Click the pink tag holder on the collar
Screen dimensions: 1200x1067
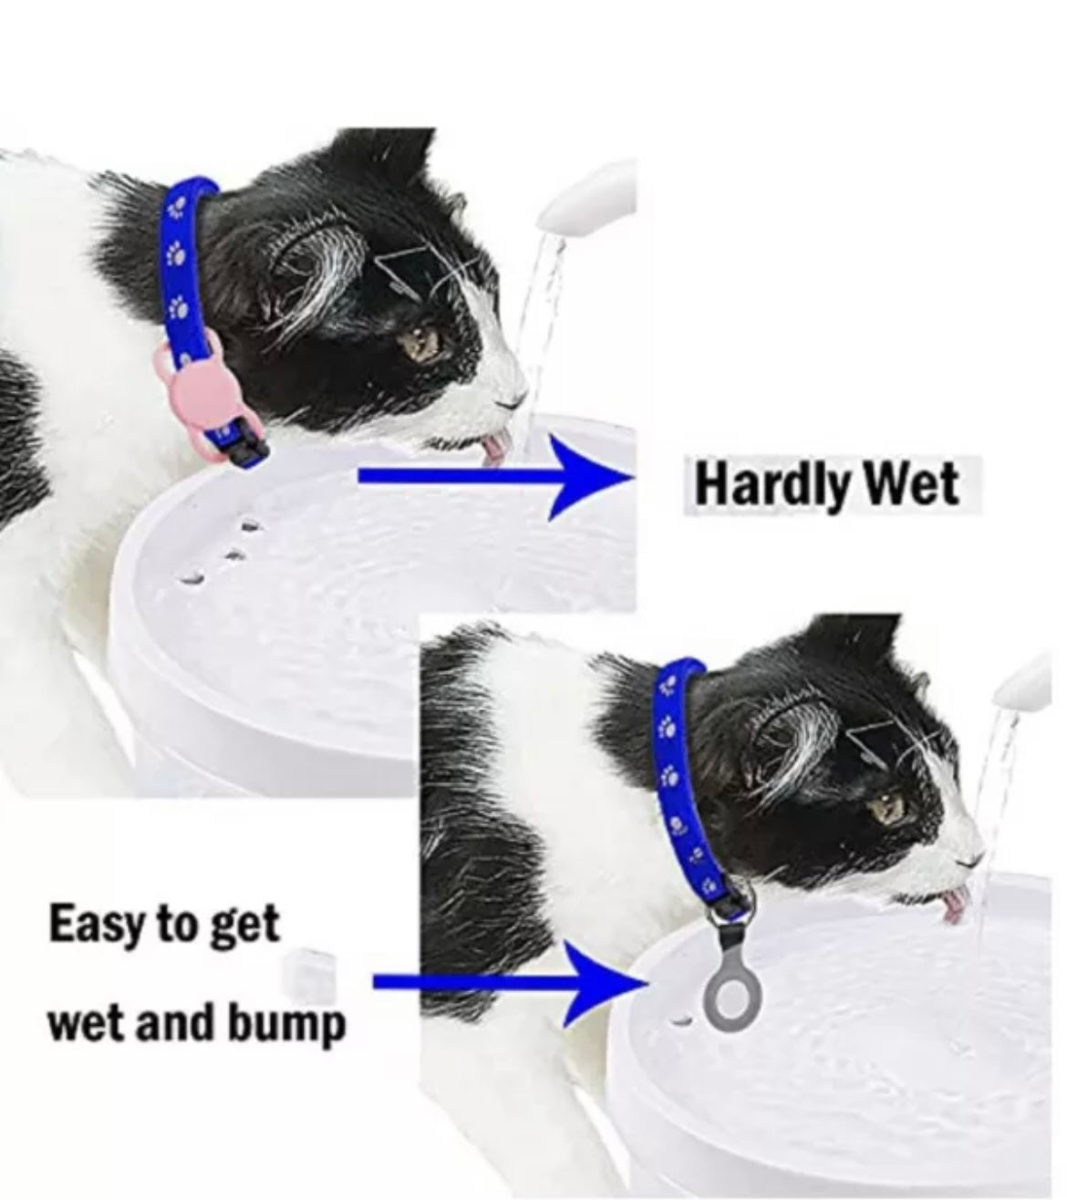pos(187,394)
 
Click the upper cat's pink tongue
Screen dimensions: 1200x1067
pos(495,446)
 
